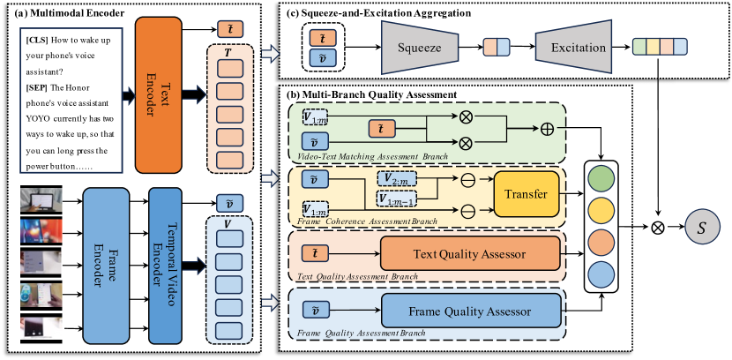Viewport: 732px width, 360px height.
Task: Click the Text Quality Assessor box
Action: point(468,254)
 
